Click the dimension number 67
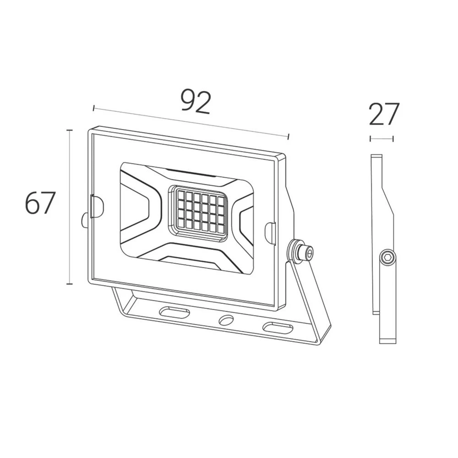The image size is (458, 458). [40, 203]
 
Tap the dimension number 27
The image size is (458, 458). [384, 114]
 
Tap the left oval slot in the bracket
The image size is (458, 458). [174, 311]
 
